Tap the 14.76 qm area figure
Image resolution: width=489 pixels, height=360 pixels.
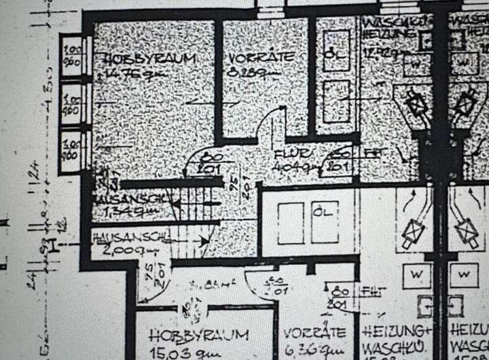(126, 75)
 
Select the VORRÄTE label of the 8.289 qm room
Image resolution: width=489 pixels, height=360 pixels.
(261, 57)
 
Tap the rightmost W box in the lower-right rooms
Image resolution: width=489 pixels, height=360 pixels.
(465, 274)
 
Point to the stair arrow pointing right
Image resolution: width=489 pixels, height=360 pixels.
(203, 240)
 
